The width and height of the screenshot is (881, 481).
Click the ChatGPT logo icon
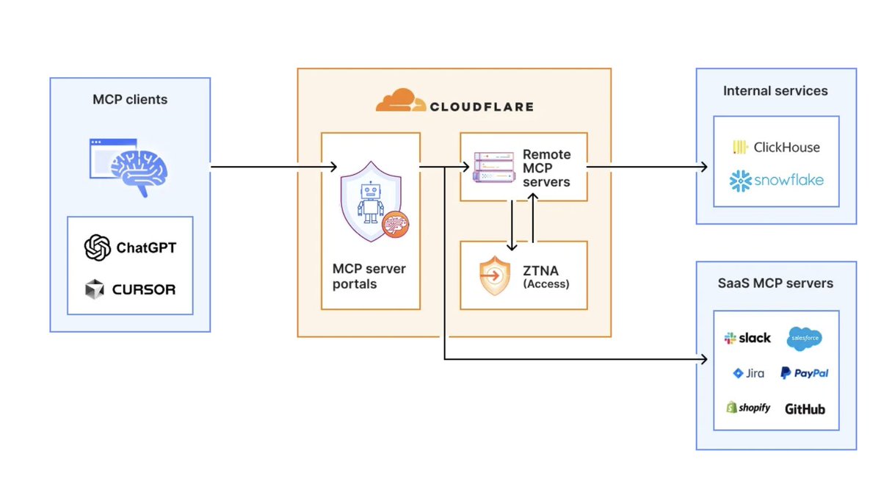[97, 247]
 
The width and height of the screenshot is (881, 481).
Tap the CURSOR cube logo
[95, 289]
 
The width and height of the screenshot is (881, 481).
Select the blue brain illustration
[139, 172]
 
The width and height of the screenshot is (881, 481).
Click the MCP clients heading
[130, 99]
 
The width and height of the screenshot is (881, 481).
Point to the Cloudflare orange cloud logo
[401, 100]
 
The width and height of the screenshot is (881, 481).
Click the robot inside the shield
[371, 203]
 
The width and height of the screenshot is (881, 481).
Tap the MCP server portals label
[369, 276]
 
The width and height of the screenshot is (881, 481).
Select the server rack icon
[494, 167]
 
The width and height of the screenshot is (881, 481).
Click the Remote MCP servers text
[547, 168]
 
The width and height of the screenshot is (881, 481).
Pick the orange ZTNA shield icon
[495, 275]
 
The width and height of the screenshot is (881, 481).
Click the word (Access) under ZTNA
[546, 284]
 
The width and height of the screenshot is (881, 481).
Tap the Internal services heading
[775, 91]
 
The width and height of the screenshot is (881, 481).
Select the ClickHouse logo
[777, 148]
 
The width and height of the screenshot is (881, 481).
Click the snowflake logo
[777, 181]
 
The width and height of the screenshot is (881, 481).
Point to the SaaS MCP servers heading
[775, 283]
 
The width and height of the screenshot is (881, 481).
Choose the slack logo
[747, 338]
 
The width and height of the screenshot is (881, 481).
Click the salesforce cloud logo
[805, 339]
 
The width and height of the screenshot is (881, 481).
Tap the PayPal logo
[805, 373]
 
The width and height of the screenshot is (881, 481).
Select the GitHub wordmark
[805, 409]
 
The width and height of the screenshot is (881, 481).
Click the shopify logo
[748, 408]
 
